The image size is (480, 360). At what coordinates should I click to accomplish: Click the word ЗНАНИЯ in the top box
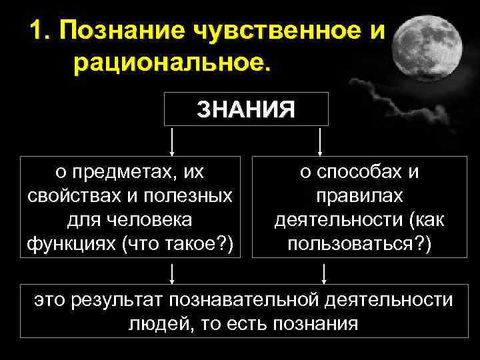click(246, 109)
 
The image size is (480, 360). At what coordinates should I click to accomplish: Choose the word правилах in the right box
click(359, 197)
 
